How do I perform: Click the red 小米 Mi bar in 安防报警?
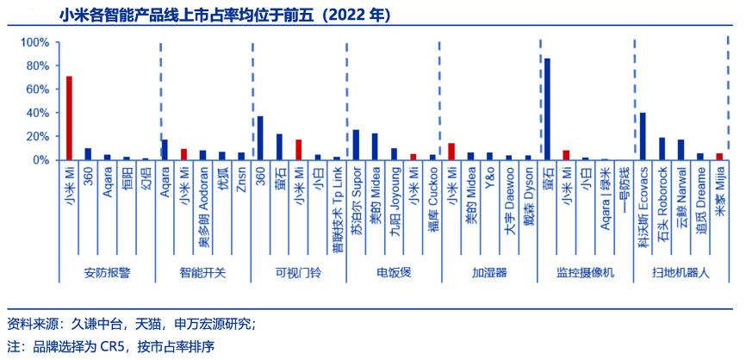[69, 118]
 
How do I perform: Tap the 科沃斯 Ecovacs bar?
[643, 136]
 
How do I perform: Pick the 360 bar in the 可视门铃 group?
[260, 138]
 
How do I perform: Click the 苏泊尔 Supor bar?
[356, 145]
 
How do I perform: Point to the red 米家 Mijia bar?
[719, 156]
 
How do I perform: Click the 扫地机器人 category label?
[681, 273]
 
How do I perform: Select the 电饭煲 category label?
[394, 273]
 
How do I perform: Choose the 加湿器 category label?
[489, 273]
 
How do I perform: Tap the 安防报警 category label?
[107, 273]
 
